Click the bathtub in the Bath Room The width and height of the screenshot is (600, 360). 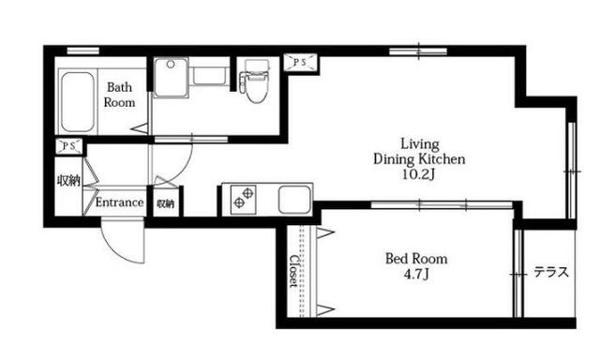[x=77, y=101]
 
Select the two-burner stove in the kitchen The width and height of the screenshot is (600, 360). [x=244, y=200]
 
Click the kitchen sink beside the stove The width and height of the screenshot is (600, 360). [x=293, y=200]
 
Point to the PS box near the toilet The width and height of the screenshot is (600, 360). [x=301, y=63]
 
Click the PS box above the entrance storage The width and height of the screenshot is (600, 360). [x=68, y=146]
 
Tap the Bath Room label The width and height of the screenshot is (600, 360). [x=119, y=95]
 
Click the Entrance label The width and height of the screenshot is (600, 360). [x=119, y=202]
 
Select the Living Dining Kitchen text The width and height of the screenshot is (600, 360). [x=419, y=152]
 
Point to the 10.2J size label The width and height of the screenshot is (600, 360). [x=419, y=174]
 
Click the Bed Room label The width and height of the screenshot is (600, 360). [x=416, y=259]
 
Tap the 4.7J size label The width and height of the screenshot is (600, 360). [x=416, y=275]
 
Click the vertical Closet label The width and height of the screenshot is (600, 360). [x=293, y=271]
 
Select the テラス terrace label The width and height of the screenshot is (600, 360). [x=551, y=273]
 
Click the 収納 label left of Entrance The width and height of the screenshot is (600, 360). [x=68, y=181]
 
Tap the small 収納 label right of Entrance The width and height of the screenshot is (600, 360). [x=165, y=204]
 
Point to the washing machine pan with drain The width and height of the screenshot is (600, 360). [x=171, y=77]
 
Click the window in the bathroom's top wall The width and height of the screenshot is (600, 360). [x=83, y=51]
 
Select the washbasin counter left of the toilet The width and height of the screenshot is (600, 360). [x=210, y=76]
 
